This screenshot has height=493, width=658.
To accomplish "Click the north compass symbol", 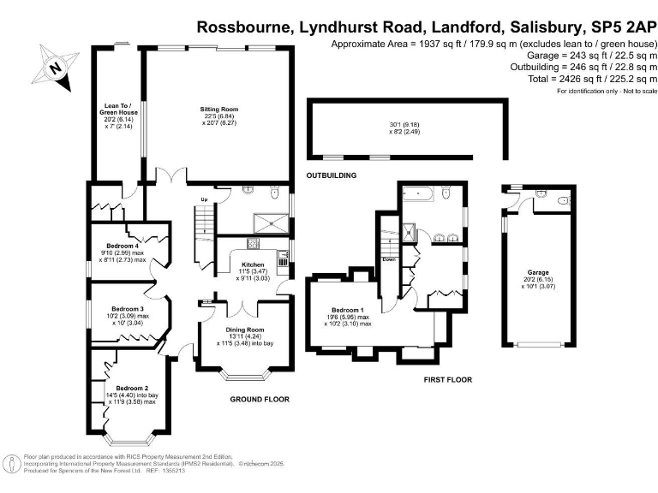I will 56,68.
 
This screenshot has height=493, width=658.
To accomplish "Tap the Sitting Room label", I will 218,110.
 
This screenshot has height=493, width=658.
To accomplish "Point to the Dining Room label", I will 244,330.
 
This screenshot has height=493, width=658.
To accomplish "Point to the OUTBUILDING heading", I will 331,175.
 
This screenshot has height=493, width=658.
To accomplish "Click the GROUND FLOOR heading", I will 260,399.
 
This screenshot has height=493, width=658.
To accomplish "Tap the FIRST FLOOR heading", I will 448,379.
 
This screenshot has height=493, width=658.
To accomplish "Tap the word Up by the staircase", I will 204,200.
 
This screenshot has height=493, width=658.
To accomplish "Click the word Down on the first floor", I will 388,259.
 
